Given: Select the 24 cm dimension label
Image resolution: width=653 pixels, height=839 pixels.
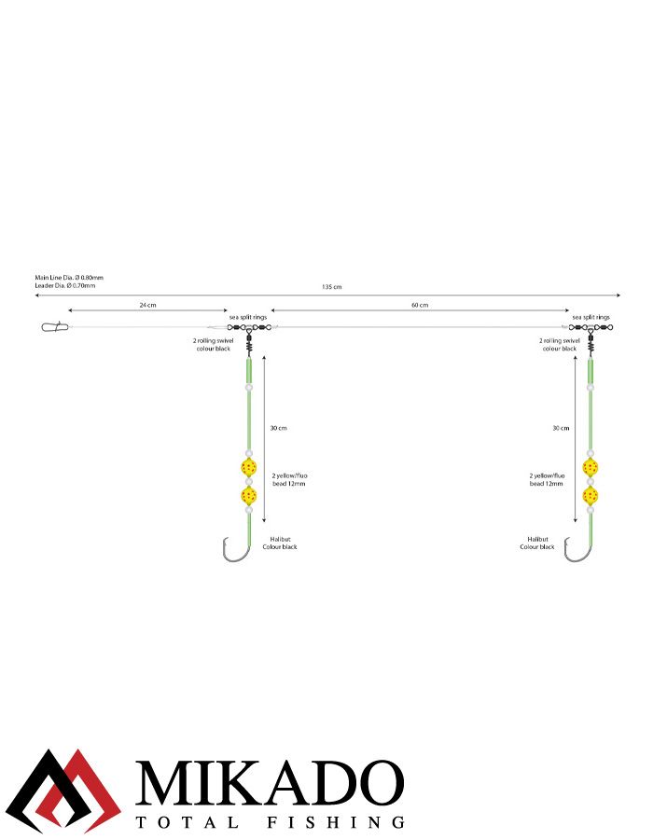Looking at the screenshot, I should [x=147, y=305].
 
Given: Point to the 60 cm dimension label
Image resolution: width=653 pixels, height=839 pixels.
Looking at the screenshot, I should [x=420, y=305].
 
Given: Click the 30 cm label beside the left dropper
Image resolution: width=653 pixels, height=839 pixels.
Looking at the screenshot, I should [x=278, y=428].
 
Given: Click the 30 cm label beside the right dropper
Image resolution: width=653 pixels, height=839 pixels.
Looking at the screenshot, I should [x=560, y=428].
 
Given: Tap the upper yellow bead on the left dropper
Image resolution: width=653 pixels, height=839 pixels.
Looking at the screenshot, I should [x=248, y=466].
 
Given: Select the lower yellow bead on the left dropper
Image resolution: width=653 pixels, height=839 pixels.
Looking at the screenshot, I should [x=248, y=495].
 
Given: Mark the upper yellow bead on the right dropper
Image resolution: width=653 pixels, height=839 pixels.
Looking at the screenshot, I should [x=590, y=466].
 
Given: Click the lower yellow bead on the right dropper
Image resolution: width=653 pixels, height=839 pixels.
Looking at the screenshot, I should [x=590, y=495].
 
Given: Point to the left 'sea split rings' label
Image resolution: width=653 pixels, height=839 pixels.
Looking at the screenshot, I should [x=249, y=317].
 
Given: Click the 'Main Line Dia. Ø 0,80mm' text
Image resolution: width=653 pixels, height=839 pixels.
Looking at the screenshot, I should [x=69, y=278].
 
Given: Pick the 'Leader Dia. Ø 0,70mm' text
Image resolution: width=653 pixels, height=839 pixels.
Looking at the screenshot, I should [x=65, y=285].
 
